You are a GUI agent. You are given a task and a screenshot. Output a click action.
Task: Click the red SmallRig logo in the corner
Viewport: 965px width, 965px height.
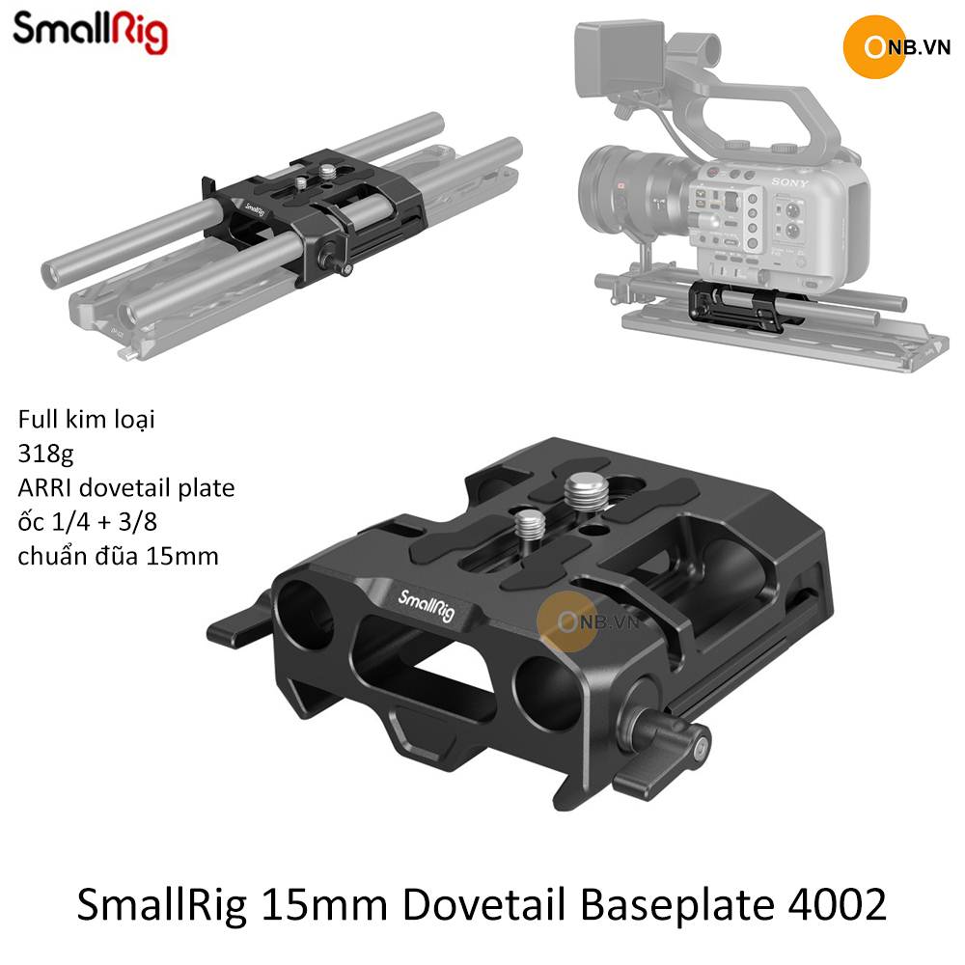90,32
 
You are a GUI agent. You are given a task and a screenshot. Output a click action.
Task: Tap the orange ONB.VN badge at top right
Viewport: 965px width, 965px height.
897,47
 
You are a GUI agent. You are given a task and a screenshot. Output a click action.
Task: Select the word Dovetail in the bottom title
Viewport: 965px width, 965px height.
483,905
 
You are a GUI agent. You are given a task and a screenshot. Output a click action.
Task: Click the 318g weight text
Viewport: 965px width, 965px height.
45,455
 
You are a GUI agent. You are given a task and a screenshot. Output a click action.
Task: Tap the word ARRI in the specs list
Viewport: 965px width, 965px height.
45,487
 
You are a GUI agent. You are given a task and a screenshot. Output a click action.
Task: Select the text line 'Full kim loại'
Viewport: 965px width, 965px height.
86,420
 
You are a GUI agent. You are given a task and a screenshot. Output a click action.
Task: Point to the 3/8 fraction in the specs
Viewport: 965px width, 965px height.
138,522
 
